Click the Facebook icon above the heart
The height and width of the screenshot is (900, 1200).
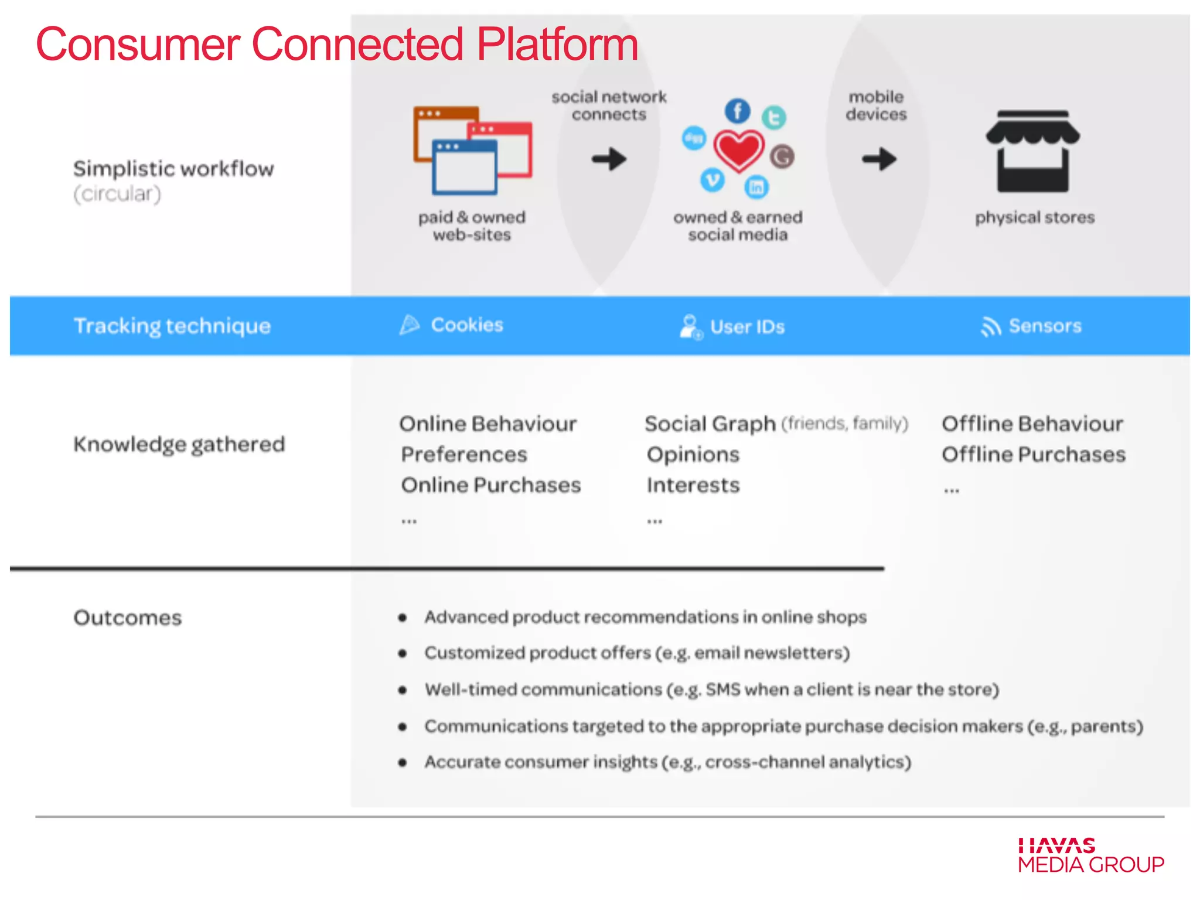737,111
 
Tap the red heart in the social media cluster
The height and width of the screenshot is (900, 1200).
738,150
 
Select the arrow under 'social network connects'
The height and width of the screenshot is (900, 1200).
609,159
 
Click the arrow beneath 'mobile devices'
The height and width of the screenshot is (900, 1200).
879,159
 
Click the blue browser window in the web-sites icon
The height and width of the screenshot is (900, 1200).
465,168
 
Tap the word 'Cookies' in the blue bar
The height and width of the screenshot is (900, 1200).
467,325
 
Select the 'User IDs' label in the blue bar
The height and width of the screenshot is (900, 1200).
747,327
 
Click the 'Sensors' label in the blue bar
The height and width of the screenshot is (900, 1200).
1045,326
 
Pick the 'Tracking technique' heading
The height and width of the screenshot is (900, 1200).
172,326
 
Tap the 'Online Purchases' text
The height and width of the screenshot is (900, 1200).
491,485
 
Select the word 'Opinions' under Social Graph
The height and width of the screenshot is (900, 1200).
693,455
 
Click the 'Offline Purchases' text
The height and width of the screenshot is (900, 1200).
1034,455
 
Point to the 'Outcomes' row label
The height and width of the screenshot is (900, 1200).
128,618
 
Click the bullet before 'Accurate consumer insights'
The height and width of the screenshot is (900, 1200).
403,763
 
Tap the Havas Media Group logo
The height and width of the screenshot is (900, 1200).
1090,855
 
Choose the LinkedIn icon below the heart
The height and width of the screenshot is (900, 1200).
756,187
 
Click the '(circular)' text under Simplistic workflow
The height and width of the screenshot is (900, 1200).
117,194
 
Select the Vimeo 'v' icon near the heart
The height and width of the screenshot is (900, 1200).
712,180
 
